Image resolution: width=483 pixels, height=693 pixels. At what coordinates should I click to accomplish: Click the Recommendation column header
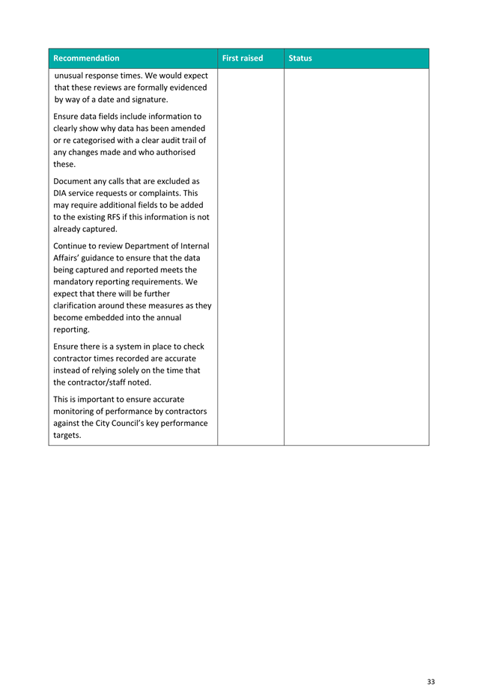click(86, 58)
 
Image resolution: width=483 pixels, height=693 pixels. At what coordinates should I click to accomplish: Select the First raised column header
click(243, 58)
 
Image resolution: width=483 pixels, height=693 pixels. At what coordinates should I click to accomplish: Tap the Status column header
click(300, 58)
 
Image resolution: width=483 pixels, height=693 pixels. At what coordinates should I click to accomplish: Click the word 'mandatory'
click(77, 281)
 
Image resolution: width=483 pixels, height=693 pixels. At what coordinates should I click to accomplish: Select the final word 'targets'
click(67, 435)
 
